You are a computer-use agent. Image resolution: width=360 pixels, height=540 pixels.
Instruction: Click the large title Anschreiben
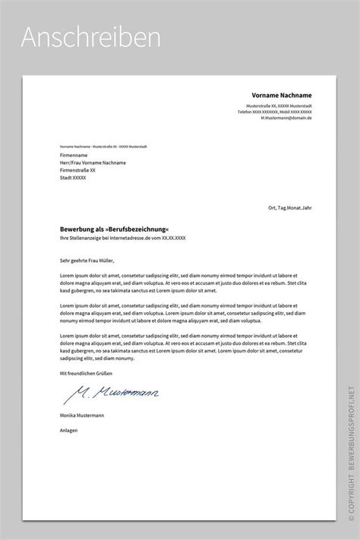click(90, 37)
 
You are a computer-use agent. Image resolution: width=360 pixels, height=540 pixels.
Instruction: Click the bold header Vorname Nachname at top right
click(282, 95)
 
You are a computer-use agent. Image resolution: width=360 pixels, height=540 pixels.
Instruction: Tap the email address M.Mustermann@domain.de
click(286, 118)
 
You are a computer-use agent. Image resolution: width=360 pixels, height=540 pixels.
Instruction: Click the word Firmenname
click(74, 155)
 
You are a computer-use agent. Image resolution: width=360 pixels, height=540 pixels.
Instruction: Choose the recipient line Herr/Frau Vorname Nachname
click(93, 163)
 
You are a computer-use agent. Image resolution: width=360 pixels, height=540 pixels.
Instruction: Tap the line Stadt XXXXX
click(73, 178)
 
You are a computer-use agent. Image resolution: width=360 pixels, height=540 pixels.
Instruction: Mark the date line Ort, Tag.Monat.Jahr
click(289, 207)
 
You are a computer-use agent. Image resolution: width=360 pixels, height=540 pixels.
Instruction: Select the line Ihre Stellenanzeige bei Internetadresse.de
click(122, 238)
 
